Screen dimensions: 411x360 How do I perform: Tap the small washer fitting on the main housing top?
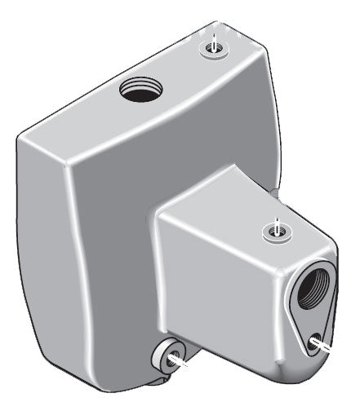click(x=213, y=48)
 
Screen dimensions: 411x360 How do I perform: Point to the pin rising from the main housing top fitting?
click(x=213, y=38)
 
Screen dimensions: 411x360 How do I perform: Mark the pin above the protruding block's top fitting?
click(x=278, y=222)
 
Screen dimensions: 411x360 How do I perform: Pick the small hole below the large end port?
click(x=315, y=342)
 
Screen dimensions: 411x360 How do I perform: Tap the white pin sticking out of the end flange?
click(x=326, y=347)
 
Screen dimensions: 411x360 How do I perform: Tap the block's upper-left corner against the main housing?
click(x=159, y=214)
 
